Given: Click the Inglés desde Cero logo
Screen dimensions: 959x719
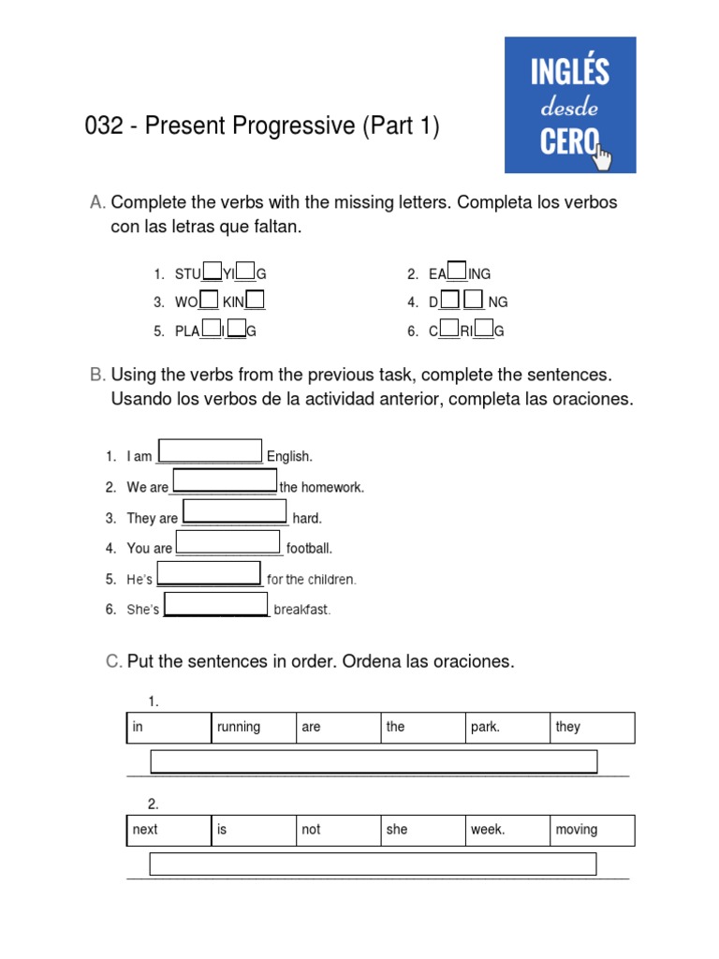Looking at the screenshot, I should (570, 105).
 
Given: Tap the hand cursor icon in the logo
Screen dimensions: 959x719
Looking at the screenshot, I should (603, 157).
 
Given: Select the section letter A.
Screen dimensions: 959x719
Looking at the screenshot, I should (96, 203).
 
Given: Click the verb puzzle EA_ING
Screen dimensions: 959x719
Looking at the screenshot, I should (459, 273).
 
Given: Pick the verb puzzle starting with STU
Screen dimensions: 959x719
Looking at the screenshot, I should (220, 273).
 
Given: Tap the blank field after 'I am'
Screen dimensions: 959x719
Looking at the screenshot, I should (210, 450).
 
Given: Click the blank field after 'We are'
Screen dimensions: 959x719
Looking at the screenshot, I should (225, 480).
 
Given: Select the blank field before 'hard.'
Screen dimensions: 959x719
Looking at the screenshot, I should (234, 511).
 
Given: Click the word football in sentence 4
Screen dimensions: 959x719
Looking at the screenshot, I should (309, 549).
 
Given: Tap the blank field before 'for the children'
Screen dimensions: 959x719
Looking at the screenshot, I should (209, 573).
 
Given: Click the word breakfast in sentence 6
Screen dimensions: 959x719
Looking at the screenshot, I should (301, 610).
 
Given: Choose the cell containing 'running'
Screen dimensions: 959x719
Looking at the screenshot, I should (253, 728).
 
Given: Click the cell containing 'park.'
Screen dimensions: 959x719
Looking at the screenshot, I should (507, 728).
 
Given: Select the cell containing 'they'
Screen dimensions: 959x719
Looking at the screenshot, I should (592, 728).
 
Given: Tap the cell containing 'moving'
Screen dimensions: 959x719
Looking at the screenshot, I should (592, 831).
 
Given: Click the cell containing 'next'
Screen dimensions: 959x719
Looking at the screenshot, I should (169, 831).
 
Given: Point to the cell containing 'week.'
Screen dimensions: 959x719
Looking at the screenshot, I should (507, 831).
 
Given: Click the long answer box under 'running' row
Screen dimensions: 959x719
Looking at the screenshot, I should (374, 761).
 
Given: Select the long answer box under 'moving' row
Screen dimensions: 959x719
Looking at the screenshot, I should (373, 863).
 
